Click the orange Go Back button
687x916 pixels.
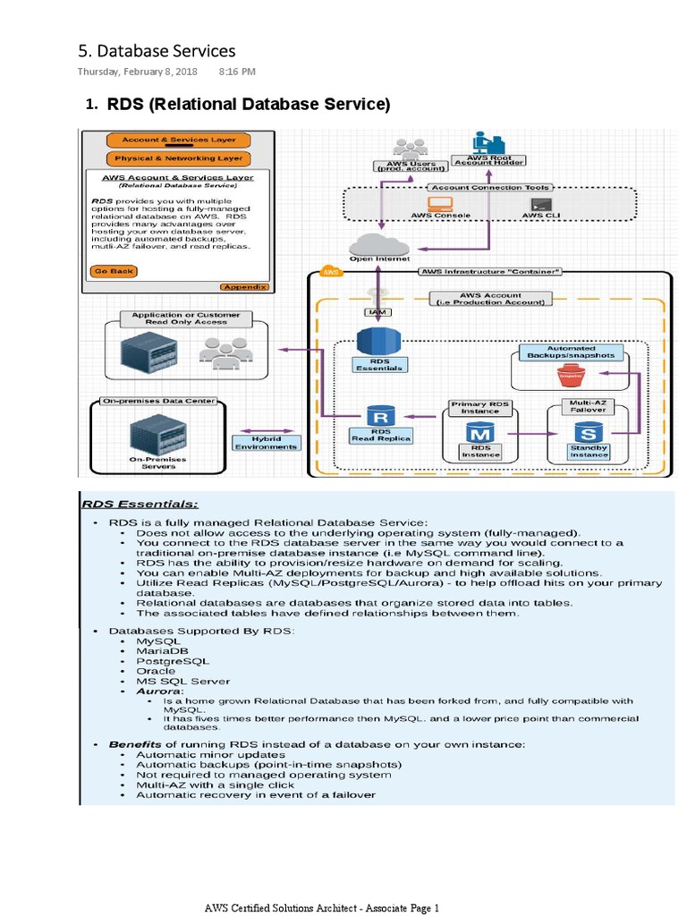(113, 270)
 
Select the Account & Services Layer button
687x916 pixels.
(178, 140)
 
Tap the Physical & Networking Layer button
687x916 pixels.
(178, 158)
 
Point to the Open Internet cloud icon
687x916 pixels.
(380, 243)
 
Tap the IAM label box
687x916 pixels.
(377, 312)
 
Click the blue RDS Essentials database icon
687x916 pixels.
(377, 342)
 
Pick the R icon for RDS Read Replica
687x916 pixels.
(380, 417)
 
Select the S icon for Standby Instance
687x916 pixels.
(588, 432)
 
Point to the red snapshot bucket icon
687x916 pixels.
(568, 376)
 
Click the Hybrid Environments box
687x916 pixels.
(267, 443)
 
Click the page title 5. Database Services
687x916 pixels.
(157, 51)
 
